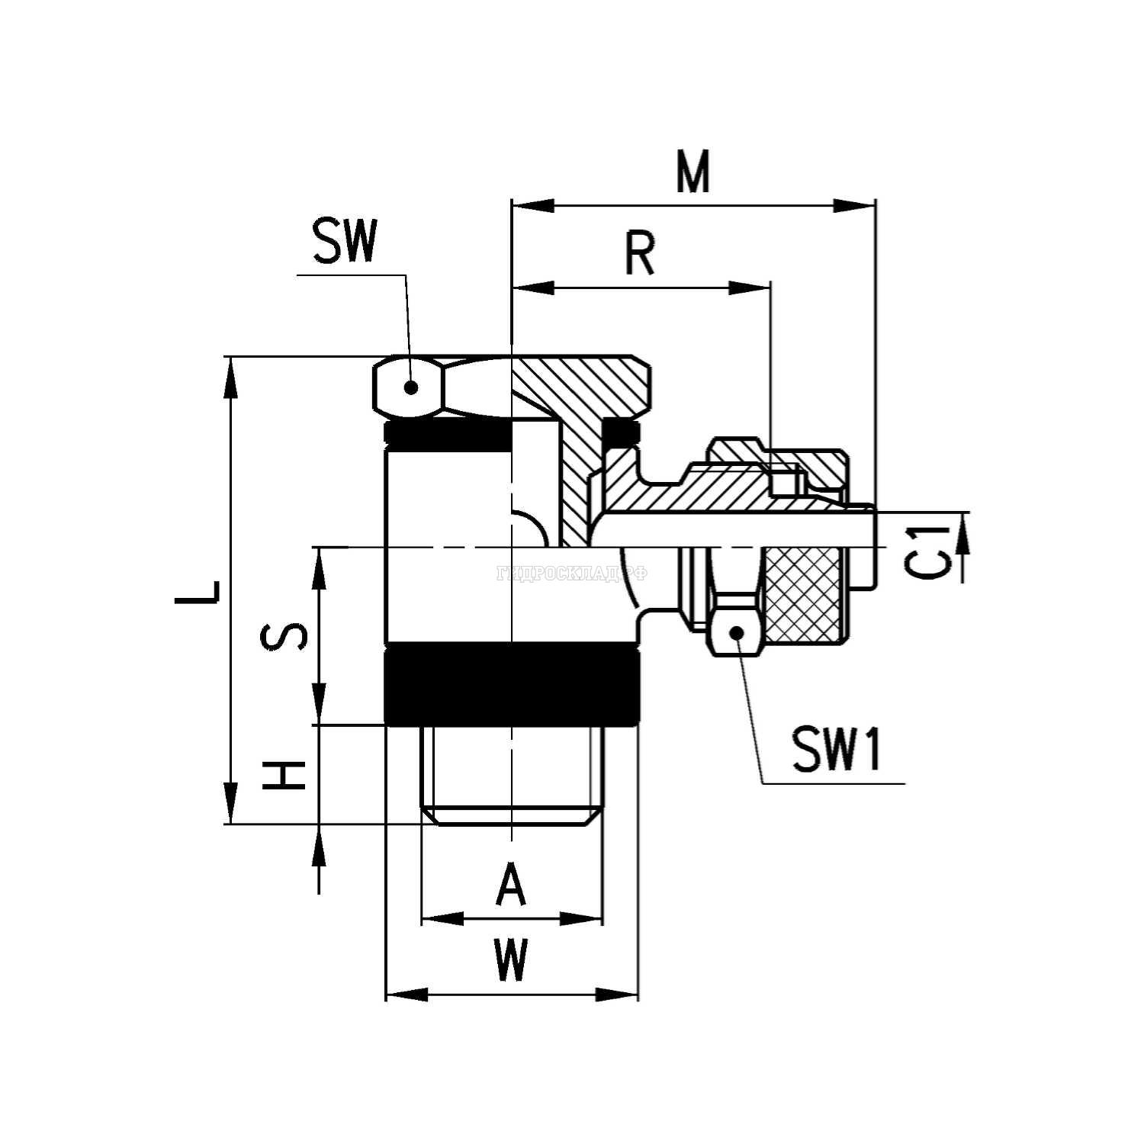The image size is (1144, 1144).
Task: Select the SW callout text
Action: pos(344,243)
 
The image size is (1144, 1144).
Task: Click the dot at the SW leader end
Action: pos(411,387)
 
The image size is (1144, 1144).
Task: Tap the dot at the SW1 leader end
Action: pos(737,631)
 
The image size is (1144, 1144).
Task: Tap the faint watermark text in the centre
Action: pos(572,574)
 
